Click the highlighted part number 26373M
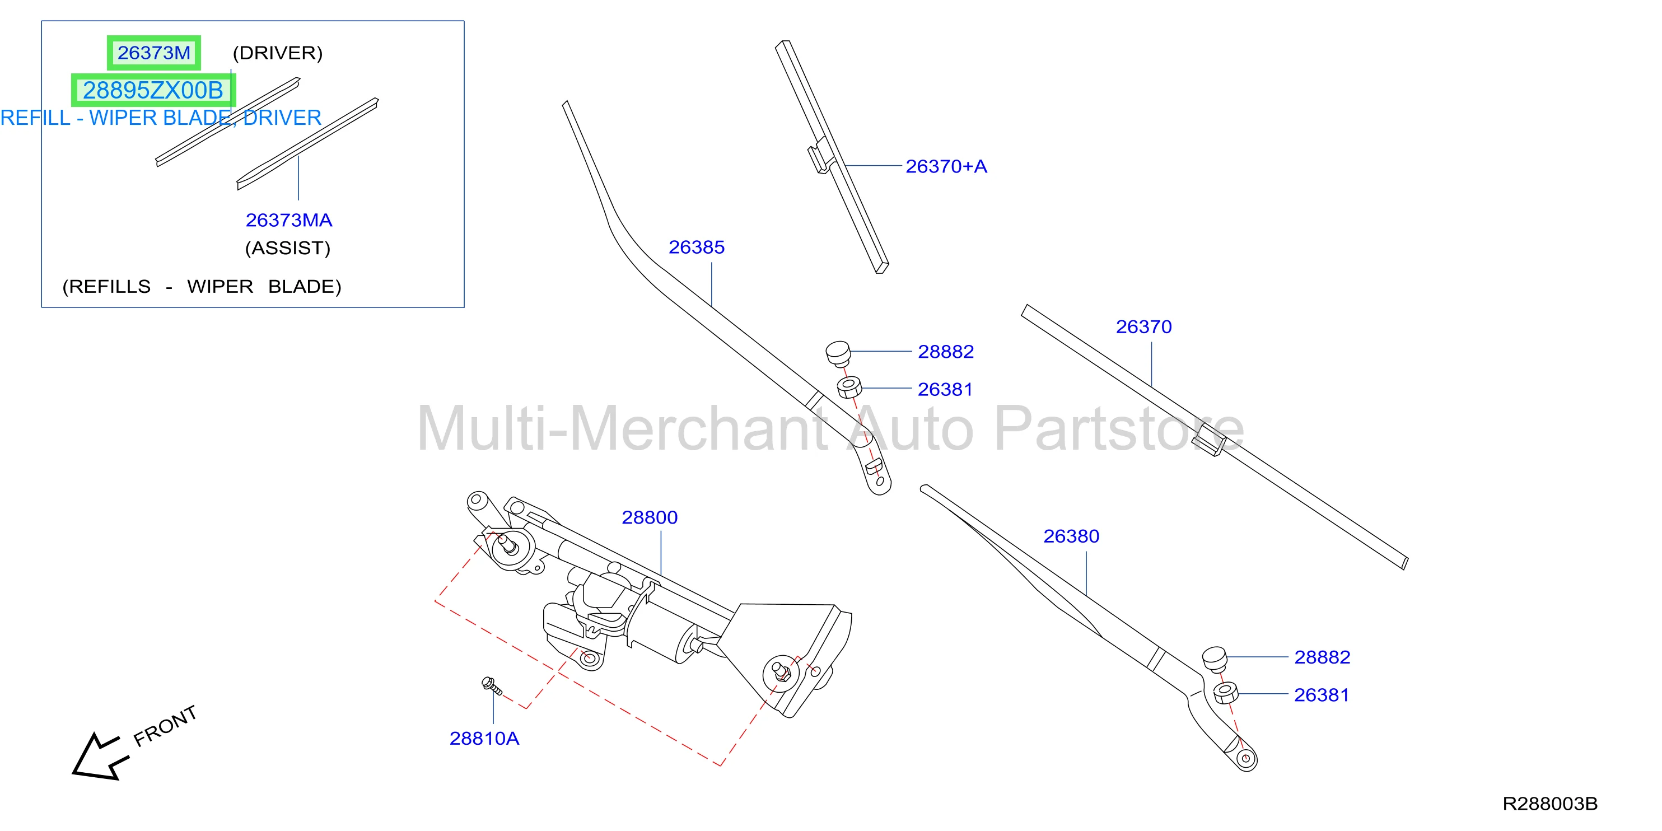tap(153, 52)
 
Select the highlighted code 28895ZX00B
tap(153, 90)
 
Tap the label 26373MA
tap(288, 220)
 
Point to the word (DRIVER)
tap(277, 53)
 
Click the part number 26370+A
tap(946, 166)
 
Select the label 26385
tap(696, 247)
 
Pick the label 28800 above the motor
tap(649, 517)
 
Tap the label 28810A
tap(484, 738)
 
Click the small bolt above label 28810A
tap(492, 685)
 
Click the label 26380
tap(1071, 536)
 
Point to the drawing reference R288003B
tap(1550, 804)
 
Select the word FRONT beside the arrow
tap(165, 726)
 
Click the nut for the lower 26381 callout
tap(1225, 693)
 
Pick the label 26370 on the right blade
tap(1144, 327)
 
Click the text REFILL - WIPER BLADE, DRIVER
tap(161, 118)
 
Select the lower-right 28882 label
tap(1322, 657)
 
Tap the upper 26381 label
tap(945, 390)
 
